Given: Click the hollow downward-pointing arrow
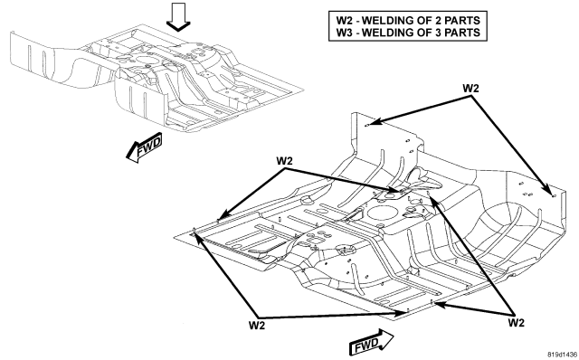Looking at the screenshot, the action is point(178,16).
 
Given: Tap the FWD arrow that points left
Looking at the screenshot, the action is point(145,147).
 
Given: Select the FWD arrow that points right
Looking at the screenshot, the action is point(371,342).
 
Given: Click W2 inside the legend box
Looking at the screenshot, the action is point(344,20).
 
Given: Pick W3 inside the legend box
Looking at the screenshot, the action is point(344,33).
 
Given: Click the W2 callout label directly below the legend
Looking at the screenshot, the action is point(470,89).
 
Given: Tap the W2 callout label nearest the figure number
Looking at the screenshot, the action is point(517,323).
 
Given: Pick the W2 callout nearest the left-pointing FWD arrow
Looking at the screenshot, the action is point(285,161).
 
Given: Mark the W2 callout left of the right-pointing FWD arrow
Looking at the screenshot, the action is point(257,326).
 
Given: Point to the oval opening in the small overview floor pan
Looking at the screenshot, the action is point(147,60).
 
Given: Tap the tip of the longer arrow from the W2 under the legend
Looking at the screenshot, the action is point(552,194).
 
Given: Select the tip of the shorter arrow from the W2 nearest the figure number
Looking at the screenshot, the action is point(435,304).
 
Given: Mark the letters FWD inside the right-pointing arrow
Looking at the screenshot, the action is point(366,345).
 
